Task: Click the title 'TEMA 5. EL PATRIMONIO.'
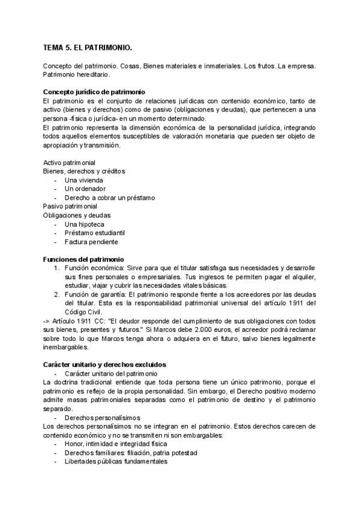click(88, 46)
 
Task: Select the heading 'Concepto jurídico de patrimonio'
click(94, 92)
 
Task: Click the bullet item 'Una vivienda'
click(83, 180)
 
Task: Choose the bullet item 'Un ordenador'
click(84, 189)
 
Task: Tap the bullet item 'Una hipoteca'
click(83, 224)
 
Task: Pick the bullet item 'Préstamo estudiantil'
click(94, 233)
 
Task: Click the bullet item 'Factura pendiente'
click(92, 242)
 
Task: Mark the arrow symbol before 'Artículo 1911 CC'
click(47, 321)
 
